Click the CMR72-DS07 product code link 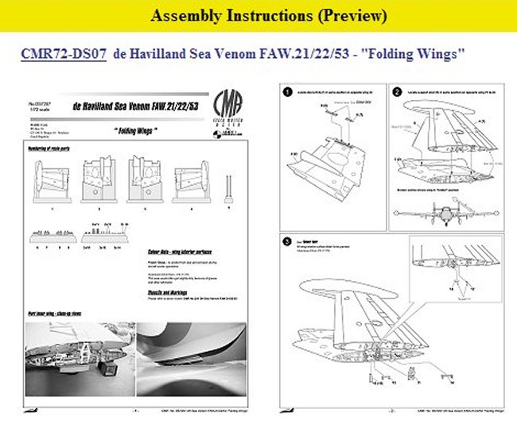(x=64, y=53)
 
